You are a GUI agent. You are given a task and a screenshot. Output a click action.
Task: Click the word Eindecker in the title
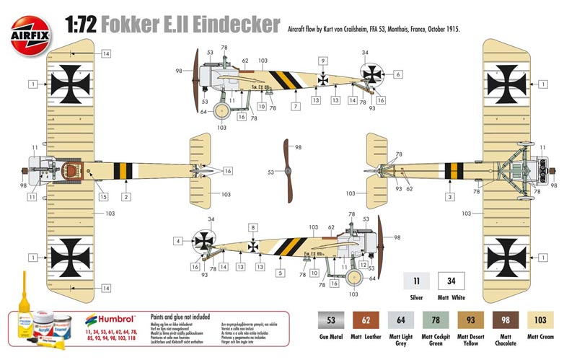pyautogui.click(x=234, y=25)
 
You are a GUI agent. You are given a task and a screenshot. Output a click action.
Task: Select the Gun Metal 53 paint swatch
pyautogui.click(x=331, y=320)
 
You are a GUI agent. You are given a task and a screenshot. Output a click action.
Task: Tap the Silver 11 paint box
pyautogui.click(x=415, y=281)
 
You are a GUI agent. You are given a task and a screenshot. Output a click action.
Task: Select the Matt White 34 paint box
pyautogui.click(x=451, y=281)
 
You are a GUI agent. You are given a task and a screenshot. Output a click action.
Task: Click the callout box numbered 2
pyautogui.click(x=125, y=196)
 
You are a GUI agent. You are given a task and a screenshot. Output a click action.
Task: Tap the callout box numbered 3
pyautogui.click(x=450, y=196)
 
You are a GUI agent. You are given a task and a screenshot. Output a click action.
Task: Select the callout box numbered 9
pyautogui.click(x=323, y=61)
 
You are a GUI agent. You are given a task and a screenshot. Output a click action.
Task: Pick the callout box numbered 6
pyautogui.click(x=397, y=74)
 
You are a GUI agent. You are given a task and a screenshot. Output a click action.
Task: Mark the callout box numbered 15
pyautogui.click(x=104, y=196)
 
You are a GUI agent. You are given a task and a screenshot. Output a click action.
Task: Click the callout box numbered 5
pyautogui.click(x=281, y=273)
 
